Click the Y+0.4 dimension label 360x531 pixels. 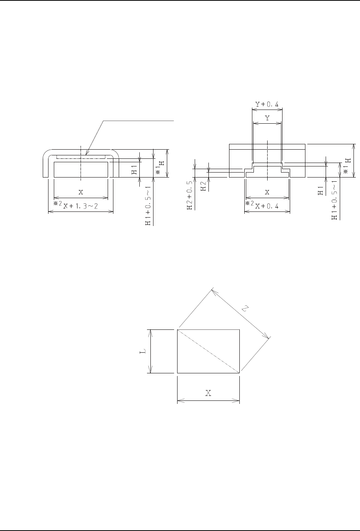pos(267,104)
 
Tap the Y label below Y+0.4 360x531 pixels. pos(267,118)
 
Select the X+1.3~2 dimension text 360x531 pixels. pos(80,206)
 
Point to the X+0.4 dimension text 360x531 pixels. pos(267,206)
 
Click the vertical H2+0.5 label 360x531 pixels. pos(190,195)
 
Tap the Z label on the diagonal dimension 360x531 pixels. pos(245,309)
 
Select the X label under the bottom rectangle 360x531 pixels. pos(208,393)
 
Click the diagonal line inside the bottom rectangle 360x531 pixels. pos(208,351)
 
